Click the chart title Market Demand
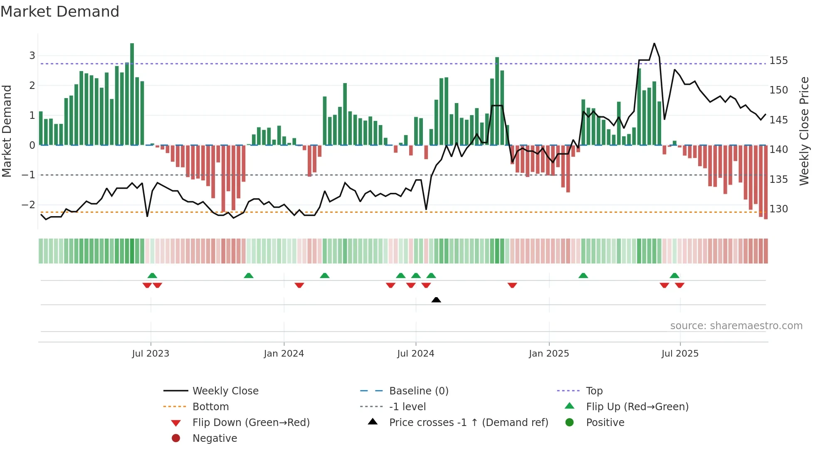[x=60, y=12]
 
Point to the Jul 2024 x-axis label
[x=415, y=354]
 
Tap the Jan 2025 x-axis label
[x=548, y=354]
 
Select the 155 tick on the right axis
[x=778, y=61]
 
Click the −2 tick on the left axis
[x=28, y=205]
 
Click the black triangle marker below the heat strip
[x=436, y=300]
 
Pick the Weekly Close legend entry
[x=225, y=391]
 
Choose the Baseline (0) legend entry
[x=418, y=391]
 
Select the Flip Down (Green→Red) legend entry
[x=251, y=423]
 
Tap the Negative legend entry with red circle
[x=215, y=438]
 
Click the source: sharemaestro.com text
[x=736, y=326]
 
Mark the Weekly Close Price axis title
[x=804, y=131]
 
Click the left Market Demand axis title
[x=7, y=131]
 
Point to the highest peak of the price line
[x=654, y=43]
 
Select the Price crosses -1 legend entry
[x=468, y=423]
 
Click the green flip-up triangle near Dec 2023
[x=248, y=276]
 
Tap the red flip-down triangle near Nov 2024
[x=512, y=285]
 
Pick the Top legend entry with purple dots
[x=594, y=391]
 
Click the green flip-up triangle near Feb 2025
[x=583, y=276]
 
